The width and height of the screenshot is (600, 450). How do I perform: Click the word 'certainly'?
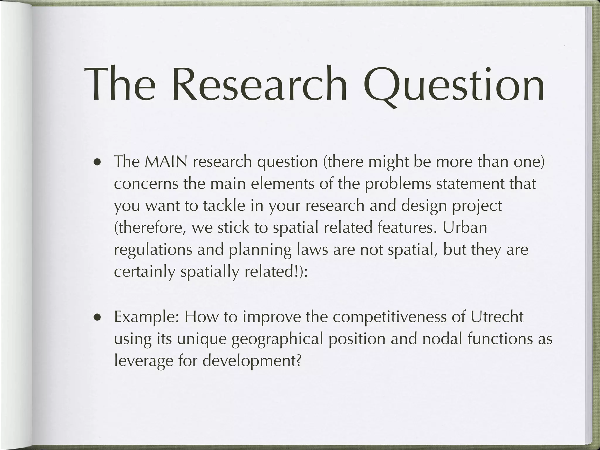144,272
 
